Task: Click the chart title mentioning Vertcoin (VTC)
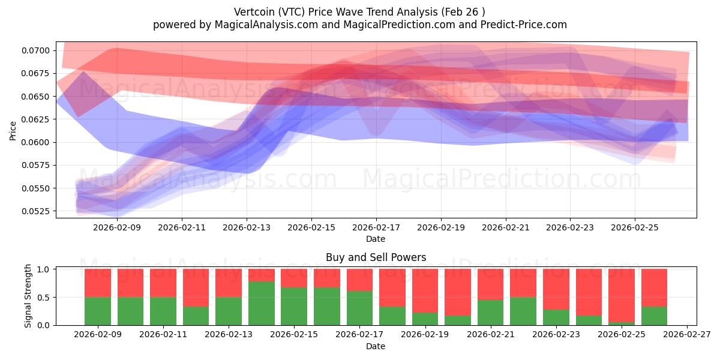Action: pyautogui.click(x=360, y=11)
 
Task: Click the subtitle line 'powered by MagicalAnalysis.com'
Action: pyautogui.click(x=360, y=25)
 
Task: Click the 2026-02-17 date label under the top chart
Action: pyautogui.click(x=376, y=228)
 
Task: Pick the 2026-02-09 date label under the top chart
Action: pyautogui.click(x=117, y=228)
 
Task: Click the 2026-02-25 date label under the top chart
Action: pyautogui.click(x=635, y=228)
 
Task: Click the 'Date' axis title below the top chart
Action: pyautogui.click(x=376, y=239)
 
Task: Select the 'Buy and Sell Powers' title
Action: pyautogui.click(x=376, y=257)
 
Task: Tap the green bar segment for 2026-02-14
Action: pyautogui.click(x=261, y=304)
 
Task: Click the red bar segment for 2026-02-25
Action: pyautogui.click(x=621, y=295)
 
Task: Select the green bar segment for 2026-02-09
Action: pyautogui.click(x=98, y=311)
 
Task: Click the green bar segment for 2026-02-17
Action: pyautogui.click(x=359, y=308)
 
